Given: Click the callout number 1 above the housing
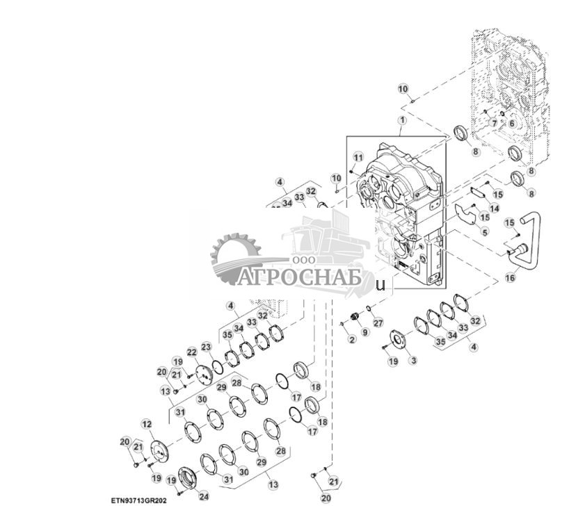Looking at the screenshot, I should (401, 120).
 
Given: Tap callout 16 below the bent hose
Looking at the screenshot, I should (510, 277).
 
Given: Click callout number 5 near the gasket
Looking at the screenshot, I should (485, 231).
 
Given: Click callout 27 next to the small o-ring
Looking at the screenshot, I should (378, 323).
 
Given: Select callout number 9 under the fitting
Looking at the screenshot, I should (365, 334).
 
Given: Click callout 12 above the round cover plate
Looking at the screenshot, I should (147, 423).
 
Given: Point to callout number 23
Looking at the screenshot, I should (206, 346).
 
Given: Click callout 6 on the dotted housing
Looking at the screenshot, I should (512, 123).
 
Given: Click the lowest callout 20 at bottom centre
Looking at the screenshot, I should (326, 498).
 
